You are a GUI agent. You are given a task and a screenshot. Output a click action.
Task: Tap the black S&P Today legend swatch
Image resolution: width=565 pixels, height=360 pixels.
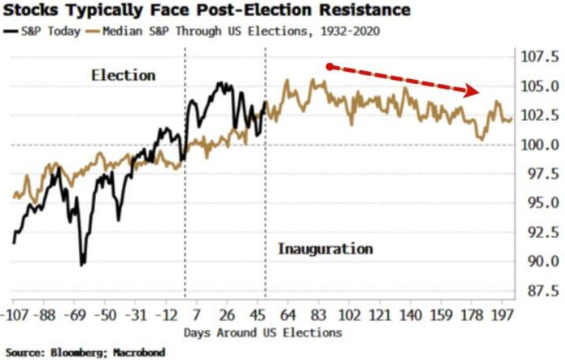(10, 31)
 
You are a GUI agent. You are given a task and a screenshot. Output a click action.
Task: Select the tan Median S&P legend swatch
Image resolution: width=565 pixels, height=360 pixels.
(94, 31)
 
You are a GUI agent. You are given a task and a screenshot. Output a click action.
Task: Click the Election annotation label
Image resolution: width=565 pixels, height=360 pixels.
(123, 75)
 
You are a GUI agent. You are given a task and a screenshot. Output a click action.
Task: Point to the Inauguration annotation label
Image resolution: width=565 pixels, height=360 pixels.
(325, 249)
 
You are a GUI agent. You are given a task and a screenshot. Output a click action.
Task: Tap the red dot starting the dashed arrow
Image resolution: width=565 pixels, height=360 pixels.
(329, 66)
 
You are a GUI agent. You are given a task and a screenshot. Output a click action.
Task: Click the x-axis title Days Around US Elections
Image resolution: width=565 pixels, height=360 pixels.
(262, 332)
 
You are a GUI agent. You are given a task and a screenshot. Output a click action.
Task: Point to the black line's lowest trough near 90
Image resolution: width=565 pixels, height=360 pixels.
(82, 263)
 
